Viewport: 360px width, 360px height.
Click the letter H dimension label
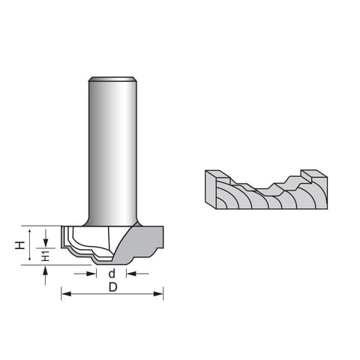19,245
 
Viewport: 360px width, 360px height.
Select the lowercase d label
112,273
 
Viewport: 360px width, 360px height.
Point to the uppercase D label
113,287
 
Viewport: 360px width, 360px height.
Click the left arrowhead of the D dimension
66,294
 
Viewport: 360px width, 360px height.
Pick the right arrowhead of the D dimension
158,294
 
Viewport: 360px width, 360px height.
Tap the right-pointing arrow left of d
85,274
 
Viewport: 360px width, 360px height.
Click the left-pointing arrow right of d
137,274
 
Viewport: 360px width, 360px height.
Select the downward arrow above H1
46,238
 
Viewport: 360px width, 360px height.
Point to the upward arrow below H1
45,275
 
